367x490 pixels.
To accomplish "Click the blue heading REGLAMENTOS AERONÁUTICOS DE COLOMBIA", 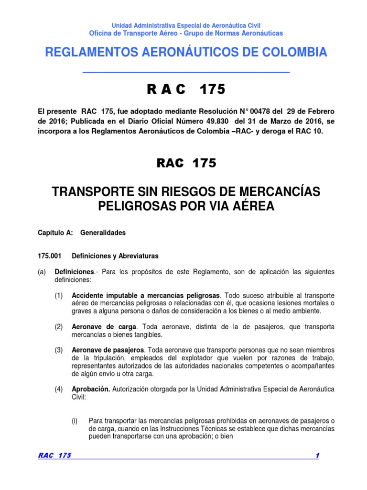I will tap(186, 53).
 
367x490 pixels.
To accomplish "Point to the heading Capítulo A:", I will tap(55, 233).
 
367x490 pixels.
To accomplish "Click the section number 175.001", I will tap(50, 255).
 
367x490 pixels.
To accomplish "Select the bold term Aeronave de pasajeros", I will tap(104, 350).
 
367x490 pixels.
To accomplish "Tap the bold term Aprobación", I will tap(91, 389).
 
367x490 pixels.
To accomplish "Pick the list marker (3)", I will tap(58, 350).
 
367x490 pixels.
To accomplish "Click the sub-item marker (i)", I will tap(75, 421).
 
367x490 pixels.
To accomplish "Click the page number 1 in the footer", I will tap(317, 456).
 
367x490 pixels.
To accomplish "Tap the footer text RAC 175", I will tap(54, 456).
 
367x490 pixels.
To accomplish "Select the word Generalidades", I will tap(103, 233).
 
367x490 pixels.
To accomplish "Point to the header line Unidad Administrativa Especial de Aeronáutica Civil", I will tap(186, 25).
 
